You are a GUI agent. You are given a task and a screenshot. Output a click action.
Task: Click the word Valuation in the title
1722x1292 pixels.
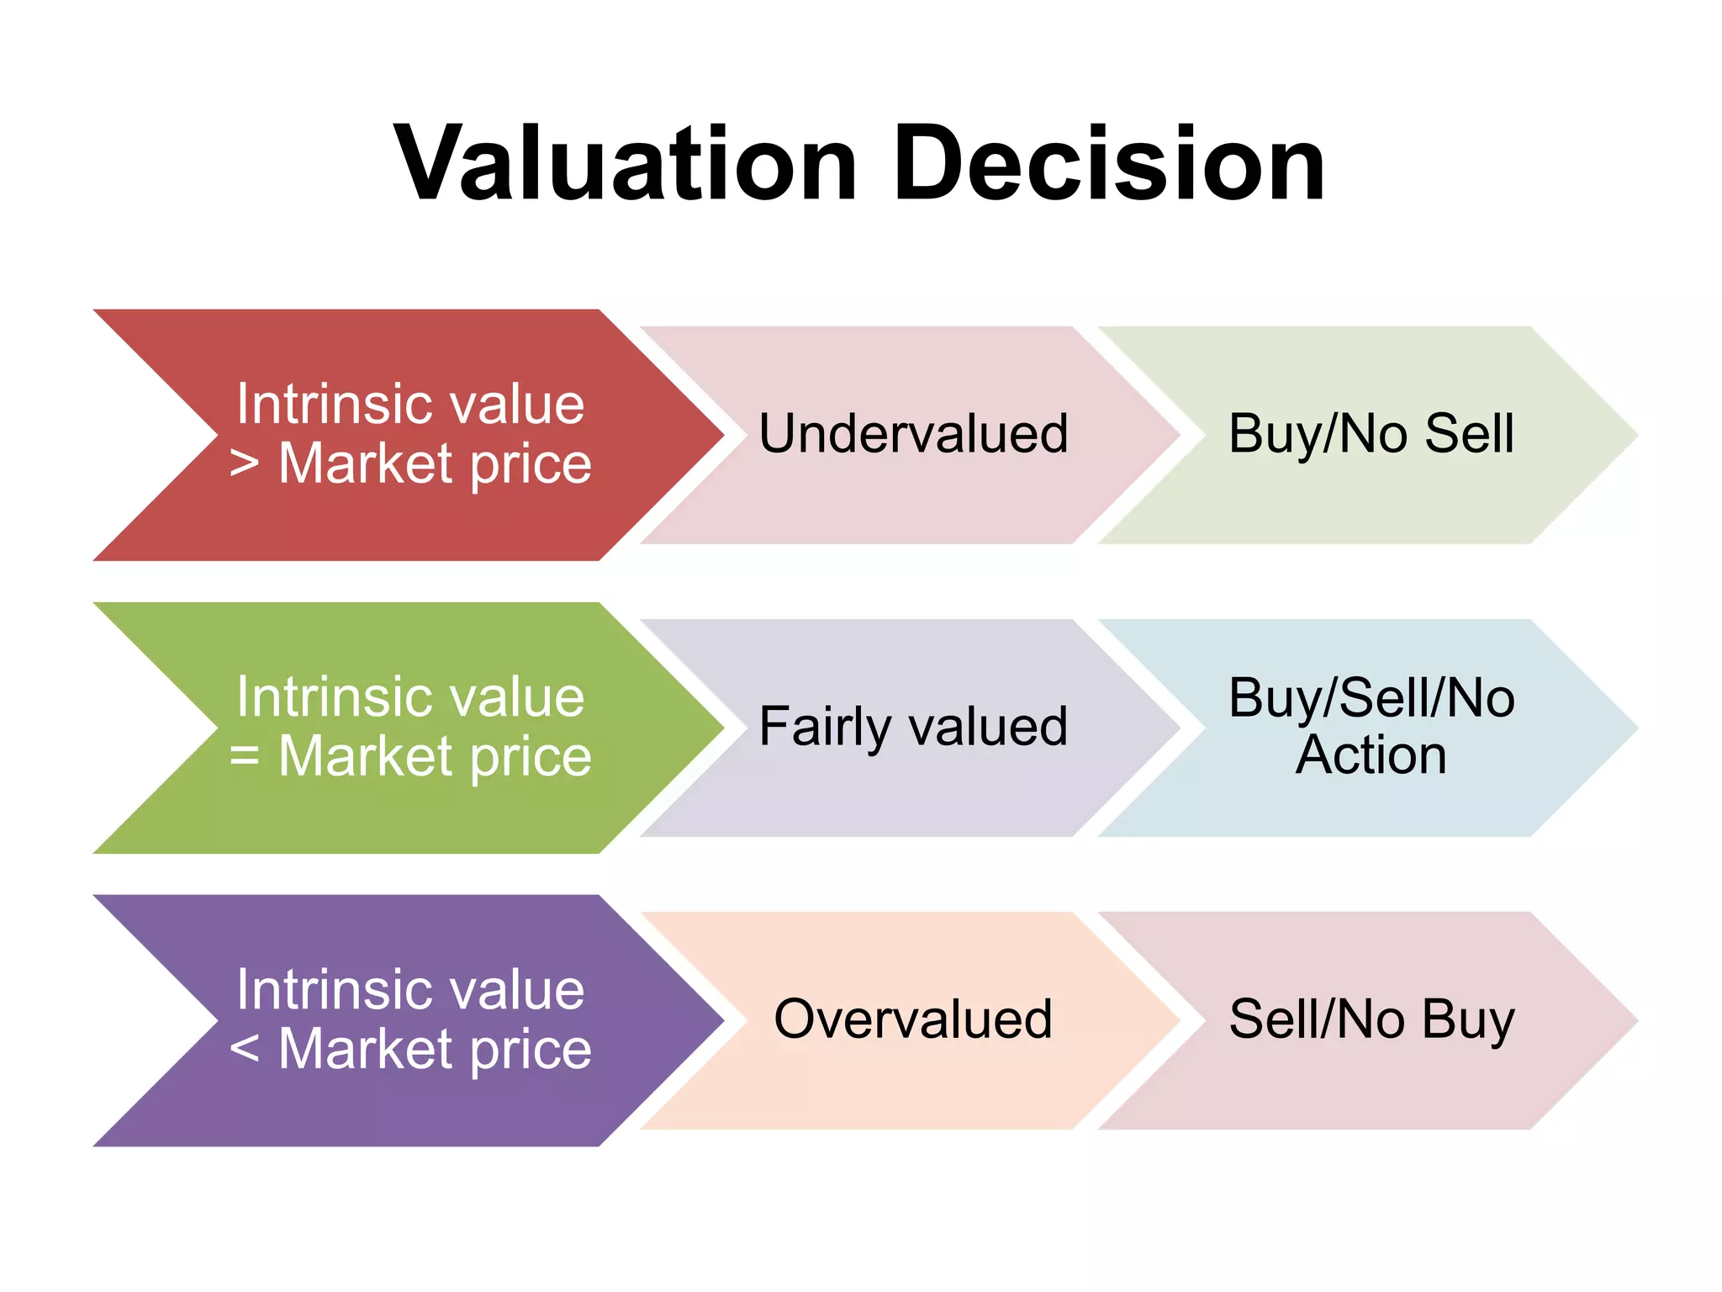[625, 164]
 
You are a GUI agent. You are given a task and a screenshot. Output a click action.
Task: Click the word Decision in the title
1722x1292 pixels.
[1110, 164]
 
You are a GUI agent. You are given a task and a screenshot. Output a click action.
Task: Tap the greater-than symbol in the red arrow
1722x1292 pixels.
[244, 463]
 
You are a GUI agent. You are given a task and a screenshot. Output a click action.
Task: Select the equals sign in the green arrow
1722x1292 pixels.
[244, 755]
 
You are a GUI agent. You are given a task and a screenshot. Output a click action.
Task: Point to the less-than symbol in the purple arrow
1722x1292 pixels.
[244, 1048]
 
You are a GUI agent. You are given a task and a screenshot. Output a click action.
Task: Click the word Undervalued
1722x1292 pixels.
[913, 434]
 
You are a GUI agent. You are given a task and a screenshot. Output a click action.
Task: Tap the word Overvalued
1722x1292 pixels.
[913, 1019]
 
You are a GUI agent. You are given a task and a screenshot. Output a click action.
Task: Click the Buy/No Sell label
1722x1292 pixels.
[1371, 434]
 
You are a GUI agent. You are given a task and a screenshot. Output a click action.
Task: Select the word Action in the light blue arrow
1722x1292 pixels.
[1371, 755]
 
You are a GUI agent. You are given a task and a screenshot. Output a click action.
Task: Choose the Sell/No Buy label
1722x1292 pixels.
[1371, 1019]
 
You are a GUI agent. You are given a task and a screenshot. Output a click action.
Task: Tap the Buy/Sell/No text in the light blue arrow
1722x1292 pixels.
[1371, 698]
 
